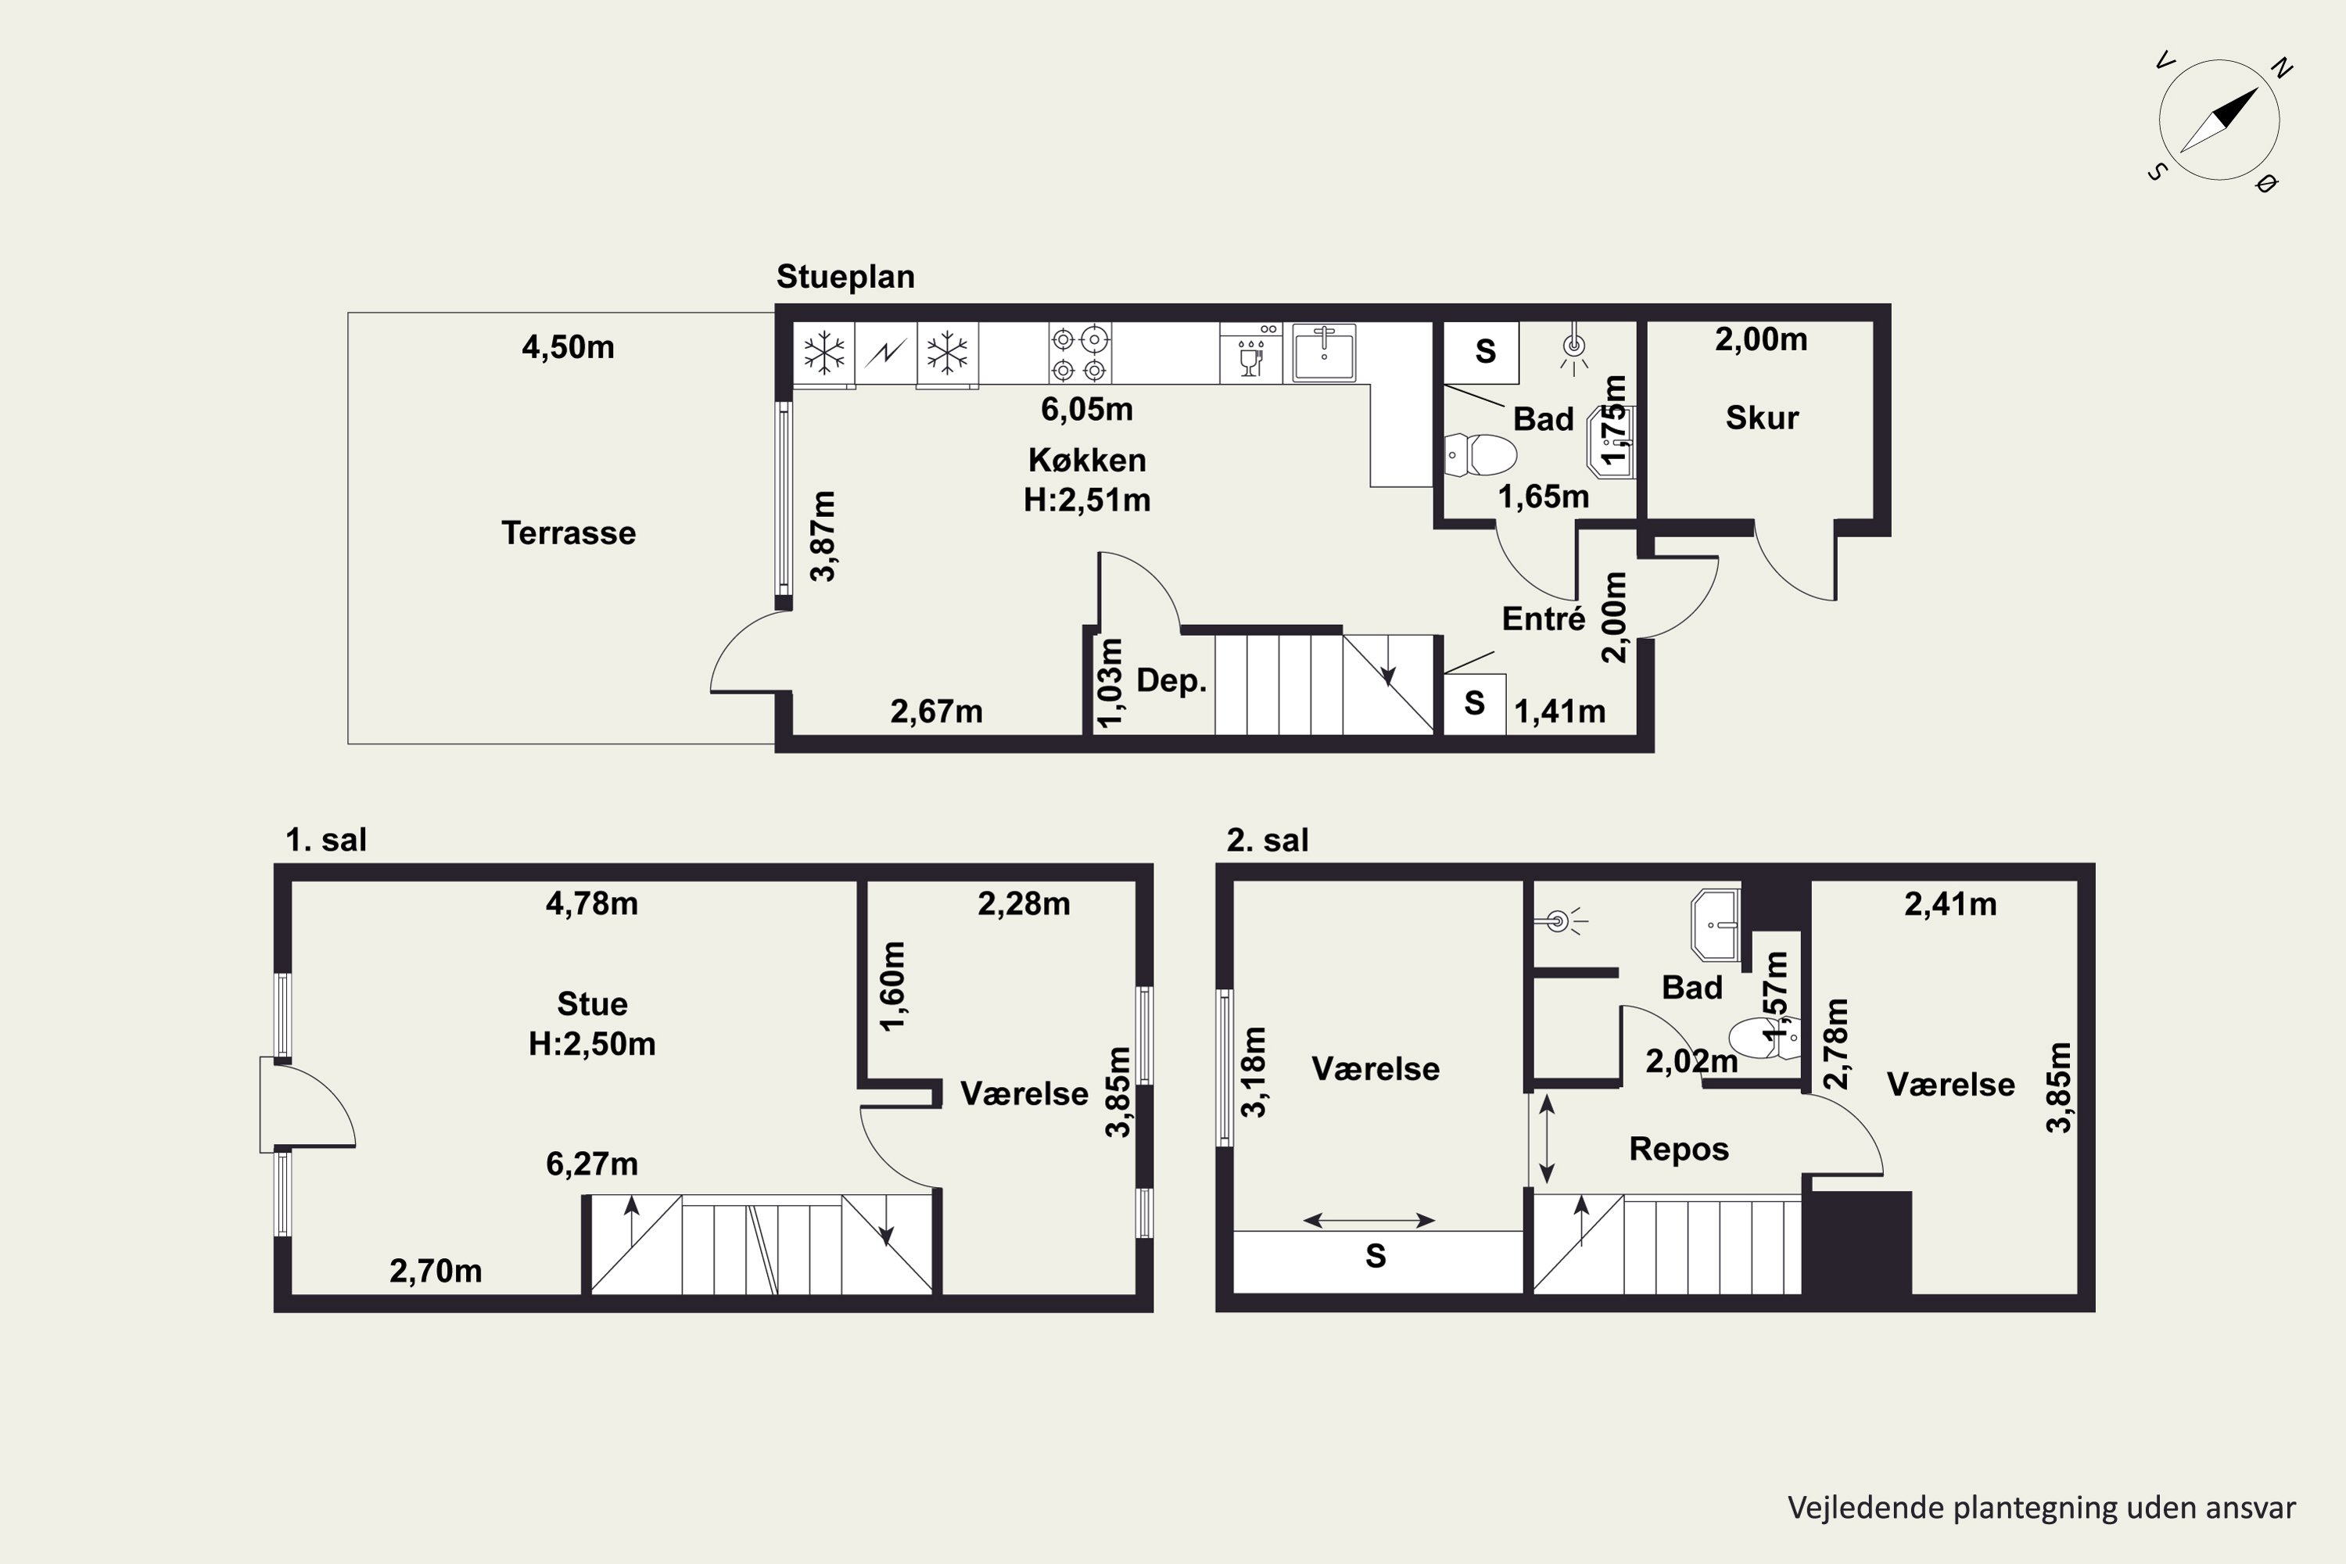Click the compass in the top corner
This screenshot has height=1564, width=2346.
(2219, 120)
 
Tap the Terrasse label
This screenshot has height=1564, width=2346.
(569, 533)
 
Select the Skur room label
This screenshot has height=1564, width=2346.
(1762, 418)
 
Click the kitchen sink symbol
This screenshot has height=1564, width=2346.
(1324, 352)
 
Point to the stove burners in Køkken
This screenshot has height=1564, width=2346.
(1079, 353)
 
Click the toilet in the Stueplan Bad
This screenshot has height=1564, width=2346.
(1480, 455)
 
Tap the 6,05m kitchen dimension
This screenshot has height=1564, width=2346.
(1086, 409)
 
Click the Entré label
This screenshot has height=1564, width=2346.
(1543, 619)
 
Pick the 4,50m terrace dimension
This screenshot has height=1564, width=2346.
(568, 347)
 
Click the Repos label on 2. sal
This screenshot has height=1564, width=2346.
(1679, 1149)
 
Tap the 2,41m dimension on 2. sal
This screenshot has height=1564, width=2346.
(1950, 905)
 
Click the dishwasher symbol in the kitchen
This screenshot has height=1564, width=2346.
(1250, 352)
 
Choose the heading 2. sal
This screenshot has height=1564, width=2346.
(1267, 840)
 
